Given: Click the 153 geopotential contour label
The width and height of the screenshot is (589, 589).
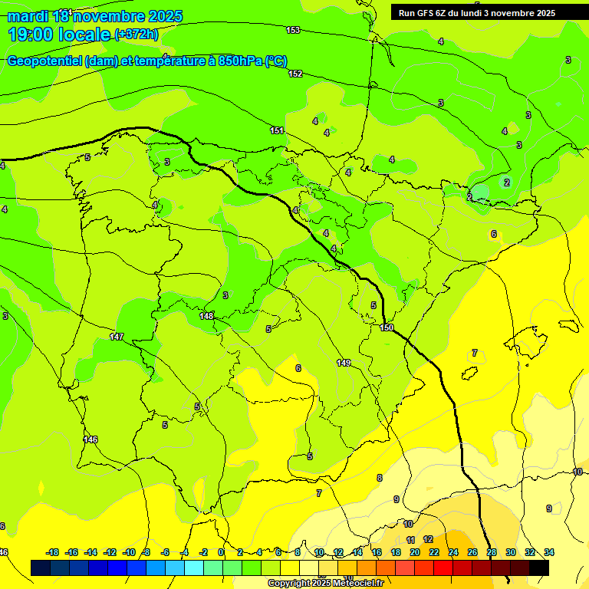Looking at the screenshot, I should click(293, 30).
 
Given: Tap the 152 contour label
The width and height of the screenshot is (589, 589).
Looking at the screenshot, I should click(295, 74).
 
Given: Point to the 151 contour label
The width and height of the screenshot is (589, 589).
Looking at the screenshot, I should click(277, 130).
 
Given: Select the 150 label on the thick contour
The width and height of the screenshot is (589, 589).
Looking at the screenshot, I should click(387, 327).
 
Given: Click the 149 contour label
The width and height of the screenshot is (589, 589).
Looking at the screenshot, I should click(344, 363).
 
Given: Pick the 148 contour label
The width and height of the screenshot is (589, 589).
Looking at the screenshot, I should click(206, 316).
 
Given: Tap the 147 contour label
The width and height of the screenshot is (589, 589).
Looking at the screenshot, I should click(117, 337).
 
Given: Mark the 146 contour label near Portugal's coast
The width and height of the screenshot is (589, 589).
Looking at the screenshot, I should click(90, 439).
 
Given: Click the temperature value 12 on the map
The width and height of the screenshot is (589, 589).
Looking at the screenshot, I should click(428, 539).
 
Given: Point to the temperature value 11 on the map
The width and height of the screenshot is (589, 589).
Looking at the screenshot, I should click(410, 540).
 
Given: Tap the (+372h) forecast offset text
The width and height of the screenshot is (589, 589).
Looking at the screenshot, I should click(137, 35).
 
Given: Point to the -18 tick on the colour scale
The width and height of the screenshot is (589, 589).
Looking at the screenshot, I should click(52, 552).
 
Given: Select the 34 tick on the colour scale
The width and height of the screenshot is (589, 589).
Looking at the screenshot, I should click(549, 552).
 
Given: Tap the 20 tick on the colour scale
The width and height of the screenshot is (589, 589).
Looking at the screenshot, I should click(415, 552).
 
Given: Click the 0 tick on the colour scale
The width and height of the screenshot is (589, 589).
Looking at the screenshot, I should click(221, 552).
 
